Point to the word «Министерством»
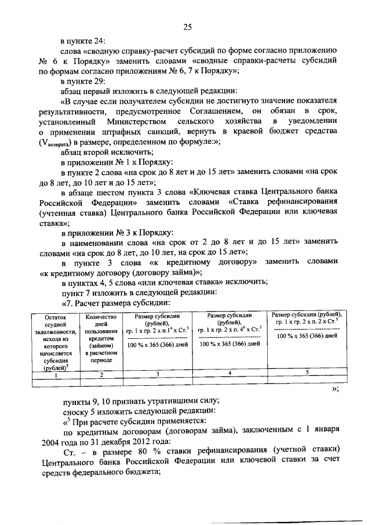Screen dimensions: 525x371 (135, 121)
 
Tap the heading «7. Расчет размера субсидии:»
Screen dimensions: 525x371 (115, 302)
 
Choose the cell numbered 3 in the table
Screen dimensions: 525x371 (158, 375)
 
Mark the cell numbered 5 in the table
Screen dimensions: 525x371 (307, 371)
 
